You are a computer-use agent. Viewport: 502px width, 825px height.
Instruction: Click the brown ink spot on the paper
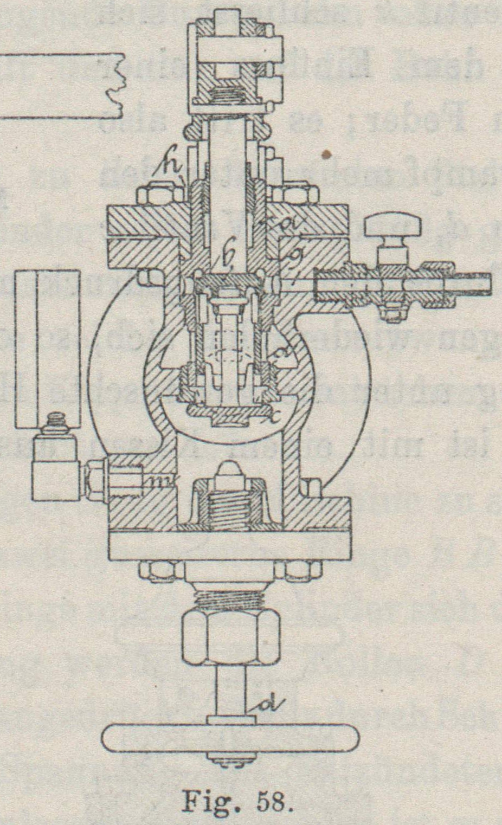(326, 154)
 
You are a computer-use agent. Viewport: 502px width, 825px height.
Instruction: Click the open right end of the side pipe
(488, 282)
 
